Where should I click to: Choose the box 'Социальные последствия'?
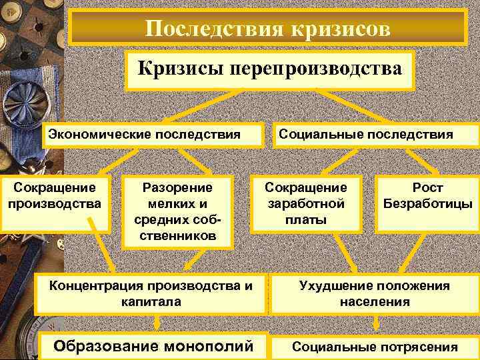click(366, 135)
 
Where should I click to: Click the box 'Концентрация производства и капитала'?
click(151, 294)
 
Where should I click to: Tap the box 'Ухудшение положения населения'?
click(374, 294)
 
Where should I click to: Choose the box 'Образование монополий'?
click(153, 346)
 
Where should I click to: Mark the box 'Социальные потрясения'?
click(375, 347)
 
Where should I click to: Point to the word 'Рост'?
click(427, 188)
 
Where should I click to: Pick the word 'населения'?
click(375, 302)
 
